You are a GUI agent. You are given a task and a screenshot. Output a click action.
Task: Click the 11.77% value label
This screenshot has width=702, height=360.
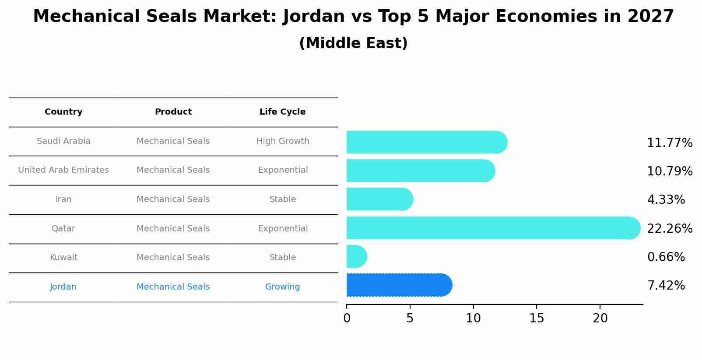[669, 143]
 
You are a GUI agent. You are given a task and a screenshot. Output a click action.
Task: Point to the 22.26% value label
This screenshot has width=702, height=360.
[669, 228]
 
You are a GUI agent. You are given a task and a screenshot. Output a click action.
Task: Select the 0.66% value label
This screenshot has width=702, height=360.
[666, 257]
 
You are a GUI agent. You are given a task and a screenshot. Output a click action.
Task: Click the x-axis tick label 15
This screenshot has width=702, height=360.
[537, 318]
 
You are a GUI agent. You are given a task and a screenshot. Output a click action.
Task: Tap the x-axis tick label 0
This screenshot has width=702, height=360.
[347, 318]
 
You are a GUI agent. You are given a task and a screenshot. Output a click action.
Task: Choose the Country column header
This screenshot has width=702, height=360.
[63, 112]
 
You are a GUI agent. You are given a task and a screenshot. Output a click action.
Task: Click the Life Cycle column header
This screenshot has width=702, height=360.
[282, 112]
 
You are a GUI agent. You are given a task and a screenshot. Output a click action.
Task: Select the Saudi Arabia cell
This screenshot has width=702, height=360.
[63, 141]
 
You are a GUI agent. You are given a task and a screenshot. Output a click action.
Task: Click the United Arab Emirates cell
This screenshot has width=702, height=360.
[63, 170]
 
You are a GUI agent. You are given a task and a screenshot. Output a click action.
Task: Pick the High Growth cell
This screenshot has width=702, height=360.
[282, 141]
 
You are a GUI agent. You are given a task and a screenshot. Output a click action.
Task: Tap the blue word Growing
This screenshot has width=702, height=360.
[282, 287]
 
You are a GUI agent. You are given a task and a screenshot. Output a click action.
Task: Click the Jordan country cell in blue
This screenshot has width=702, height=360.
[63, 287]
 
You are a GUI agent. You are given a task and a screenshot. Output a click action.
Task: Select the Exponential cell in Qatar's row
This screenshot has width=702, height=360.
[282, 229]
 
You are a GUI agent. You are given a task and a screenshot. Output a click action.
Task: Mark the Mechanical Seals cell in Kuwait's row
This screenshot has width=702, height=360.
[173, 258]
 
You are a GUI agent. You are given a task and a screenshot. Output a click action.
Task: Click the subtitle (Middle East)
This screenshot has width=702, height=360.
[353, 43]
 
